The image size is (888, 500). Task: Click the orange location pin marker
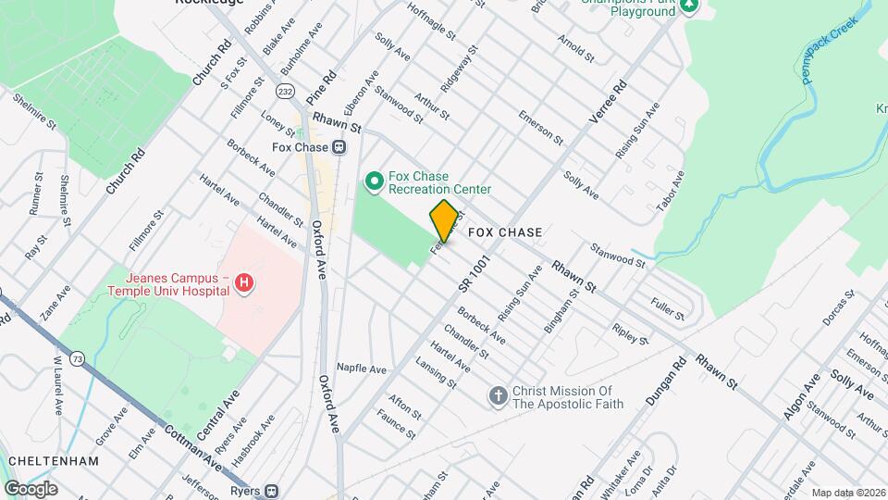coord(444,220)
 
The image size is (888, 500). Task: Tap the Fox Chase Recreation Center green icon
coord(375,181)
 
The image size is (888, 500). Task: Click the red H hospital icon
coord(243,283)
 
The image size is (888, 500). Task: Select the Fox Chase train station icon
coord(339,146)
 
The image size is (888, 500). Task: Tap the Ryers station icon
coord(271,490)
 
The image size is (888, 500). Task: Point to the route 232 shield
coord(285,91)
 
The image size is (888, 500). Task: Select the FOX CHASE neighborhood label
coord(505,231)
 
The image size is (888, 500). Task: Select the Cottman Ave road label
coord(193,444)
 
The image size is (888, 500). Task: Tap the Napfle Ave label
coord(361,369)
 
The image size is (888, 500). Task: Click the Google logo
coord(31,488)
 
